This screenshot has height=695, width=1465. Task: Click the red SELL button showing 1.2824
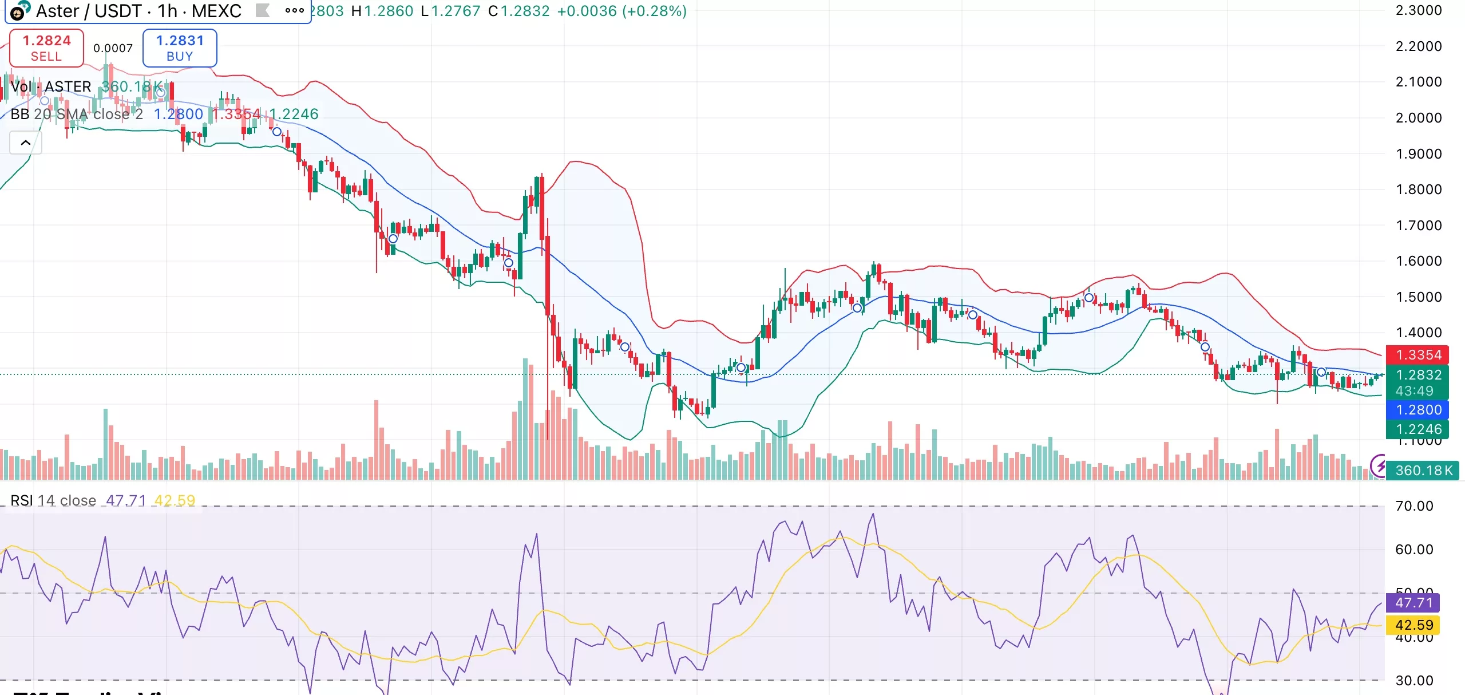[46, 48]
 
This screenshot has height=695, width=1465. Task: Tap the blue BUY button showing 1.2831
[180, 48]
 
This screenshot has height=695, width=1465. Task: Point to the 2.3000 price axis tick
[1419, 10]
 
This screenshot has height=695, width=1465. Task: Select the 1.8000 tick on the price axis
[1419, 189]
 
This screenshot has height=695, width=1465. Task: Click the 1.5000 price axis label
[1419, 297]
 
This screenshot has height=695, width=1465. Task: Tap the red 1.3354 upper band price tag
[1418, 355]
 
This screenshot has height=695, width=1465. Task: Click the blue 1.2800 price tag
[1418, 410]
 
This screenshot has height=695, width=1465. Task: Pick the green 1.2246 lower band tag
[1418, 429]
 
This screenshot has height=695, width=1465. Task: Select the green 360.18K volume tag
[1423, 471]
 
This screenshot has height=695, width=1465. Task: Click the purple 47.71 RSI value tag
[1413, 603]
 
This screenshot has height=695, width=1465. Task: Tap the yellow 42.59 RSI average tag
[1413, 625]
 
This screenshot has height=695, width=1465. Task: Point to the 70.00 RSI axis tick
[1414, 506]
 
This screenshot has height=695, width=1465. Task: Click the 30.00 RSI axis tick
[1414, 681]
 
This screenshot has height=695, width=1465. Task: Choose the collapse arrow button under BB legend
[26, 143]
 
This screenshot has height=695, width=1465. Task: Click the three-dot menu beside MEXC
[294, 10]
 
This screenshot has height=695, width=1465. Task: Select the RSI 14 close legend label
[53, 500]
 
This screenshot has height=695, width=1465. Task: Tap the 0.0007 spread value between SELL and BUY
[113, 49]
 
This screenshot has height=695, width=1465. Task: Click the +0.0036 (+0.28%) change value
[621, 11]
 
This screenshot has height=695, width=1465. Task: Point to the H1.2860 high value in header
[382, 11]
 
